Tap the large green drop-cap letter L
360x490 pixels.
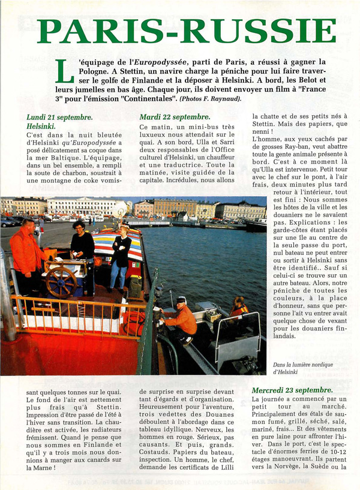click(64, 72)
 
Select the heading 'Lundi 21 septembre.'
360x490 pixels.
click(59, 118)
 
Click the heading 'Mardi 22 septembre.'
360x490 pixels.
click(175, 117)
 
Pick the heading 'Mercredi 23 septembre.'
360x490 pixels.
click(292, 390)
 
